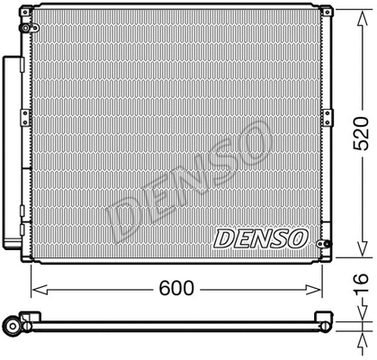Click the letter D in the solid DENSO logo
(x=223, y=239)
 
